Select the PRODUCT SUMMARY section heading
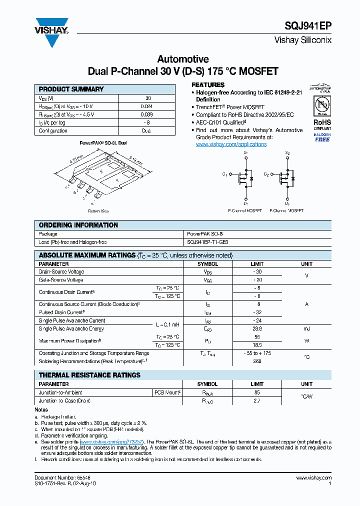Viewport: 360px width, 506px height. coord(71,89)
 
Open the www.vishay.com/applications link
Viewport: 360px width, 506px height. coord(231,144)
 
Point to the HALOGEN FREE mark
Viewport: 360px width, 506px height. coord(322,137)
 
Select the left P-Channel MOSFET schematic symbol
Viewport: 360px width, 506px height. coord(245,177)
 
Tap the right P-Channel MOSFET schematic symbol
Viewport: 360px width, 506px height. coord(286,177)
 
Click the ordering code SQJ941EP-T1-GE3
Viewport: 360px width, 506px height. coord(207,242)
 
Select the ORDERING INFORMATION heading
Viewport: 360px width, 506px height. coord(78,225)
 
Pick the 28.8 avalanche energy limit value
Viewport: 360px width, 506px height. coord(257,329)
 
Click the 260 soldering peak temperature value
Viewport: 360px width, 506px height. coord(257,361)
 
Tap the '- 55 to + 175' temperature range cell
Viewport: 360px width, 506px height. coord(257,353)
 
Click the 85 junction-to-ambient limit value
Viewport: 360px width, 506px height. coord(257,392)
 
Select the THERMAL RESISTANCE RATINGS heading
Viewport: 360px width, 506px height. coord(89,375)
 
